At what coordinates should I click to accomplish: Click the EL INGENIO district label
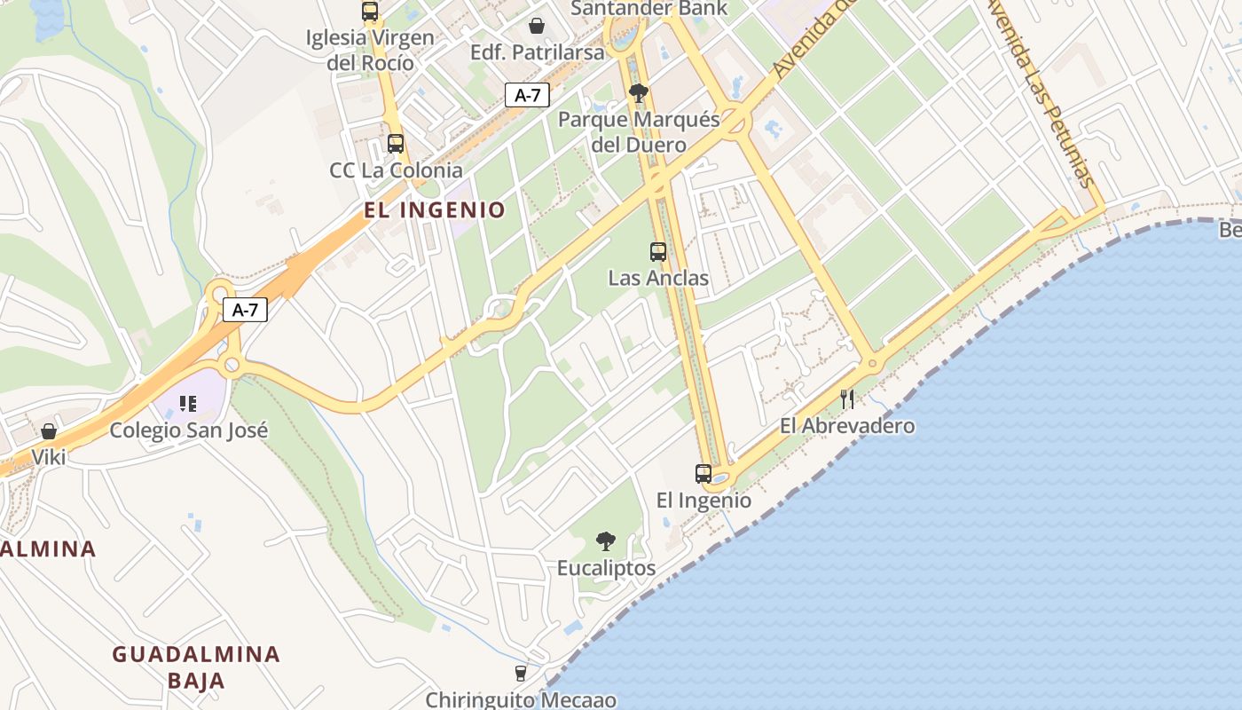(x=435, y=210)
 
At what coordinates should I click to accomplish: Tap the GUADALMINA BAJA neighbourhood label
(x=195, y=667)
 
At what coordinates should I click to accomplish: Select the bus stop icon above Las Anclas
(x=658, y=252)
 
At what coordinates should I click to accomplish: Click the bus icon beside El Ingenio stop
(x=704, y=473)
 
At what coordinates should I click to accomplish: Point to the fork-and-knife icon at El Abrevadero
(x=847, y=398)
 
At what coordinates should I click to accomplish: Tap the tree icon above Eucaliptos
(x=606, y=540)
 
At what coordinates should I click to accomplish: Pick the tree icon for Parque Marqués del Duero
(x=638, y=92)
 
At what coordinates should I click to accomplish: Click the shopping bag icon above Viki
(x=49, y=431)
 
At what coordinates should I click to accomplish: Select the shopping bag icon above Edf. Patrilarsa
(x=537, y=26)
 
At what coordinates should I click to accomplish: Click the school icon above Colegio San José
(x=187, y=404)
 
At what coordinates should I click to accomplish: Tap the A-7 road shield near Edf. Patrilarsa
(x=528, y=95)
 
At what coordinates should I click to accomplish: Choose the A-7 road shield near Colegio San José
(x=245, y=310)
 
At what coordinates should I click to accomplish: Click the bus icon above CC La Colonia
(x=396, y=143)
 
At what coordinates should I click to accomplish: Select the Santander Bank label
(x=649, y=9)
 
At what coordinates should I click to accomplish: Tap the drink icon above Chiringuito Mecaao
(x=521, y=674)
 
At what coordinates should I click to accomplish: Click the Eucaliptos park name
(x=607, y=568)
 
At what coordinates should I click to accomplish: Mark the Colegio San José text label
(x=188, y=430)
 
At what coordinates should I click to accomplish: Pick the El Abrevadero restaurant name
(x=847, y=426)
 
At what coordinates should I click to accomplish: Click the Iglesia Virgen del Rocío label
(x=370, y=50)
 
